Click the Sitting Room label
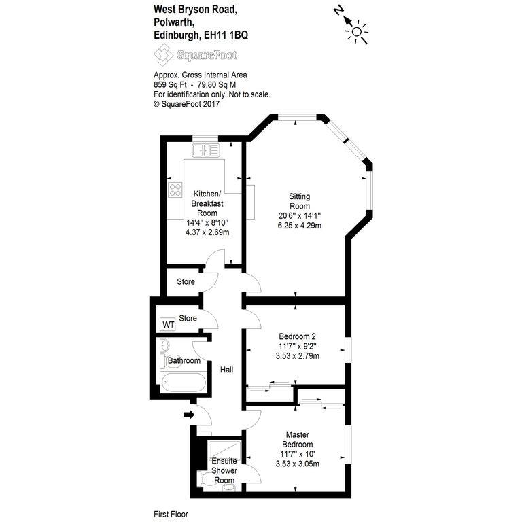(300, 201)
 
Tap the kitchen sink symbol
(206, 150)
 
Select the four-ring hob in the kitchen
(175, 190)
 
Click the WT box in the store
(168, 324)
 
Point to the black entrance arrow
(189, 415)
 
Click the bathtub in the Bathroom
(183, 382)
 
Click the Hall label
(226, 370)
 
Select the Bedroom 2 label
(297, 336)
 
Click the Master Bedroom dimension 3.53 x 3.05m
(298, 464)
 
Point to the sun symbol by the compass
(357, 32)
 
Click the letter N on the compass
(338, 11)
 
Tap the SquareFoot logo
(196, 55)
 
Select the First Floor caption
(171, 514)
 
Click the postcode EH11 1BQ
(226, 35)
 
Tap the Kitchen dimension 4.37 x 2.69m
(207, 232)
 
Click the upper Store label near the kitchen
(186, 281)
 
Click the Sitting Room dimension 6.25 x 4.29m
(300, 226)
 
